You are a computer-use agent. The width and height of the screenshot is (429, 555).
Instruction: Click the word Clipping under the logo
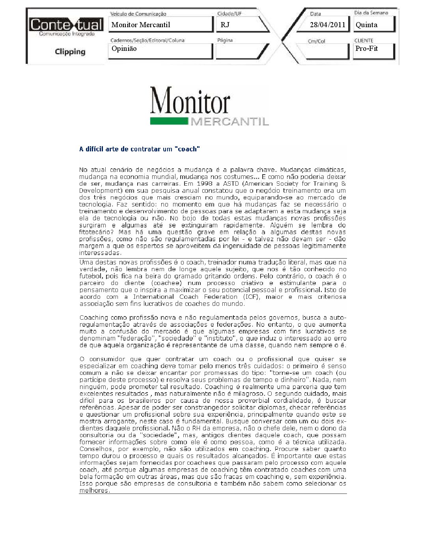pyautogui.click(x=70, y=52)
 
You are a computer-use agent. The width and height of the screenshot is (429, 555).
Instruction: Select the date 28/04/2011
pyautogui.click(x=327, y=25)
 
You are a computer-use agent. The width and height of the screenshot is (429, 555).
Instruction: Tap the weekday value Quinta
pyautogui.click(x=366, y=25)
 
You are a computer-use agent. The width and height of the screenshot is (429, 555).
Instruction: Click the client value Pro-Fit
pyautogui.click(x=366, y=48)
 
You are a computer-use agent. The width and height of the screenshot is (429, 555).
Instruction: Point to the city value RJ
pyautogui.click(x=225, y=25)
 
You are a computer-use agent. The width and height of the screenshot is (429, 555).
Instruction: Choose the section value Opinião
pyautogui.click(x=124, y=48)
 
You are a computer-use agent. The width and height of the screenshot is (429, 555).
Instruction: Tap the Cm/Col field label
pyautogui.click(x=316, y=41)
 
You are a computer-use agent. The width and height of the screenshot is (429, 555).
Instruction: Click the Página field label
pyautogui.click(x=225, y=40)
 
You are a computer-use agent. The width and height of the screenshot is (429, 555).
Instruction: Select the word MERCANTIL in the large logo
pyautogui.click(x=229, y=121)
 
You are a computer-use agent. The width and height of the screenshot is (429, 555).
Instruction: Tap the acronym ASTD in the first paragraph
pyautogui.click(x=231, y=184)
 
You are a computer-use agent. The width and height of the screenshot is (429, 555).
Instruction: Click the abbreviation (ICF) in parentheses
pyautogui.click(x=251, y=297)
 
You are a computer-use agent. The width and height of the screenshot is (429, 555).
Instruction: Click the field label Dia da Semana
pyautogui.click(x=371, y=13)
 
